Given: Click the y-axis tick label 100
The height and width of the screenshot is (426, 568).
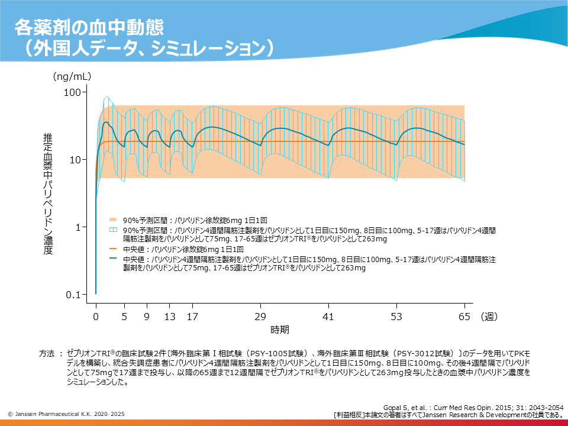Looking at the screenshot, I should [72, 92].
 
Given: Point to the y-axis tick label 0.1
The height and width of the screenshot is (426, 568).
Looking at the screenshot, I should [73, 295].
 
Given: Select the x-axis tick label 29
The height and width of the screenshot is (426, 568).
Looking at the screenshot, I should [260, 317].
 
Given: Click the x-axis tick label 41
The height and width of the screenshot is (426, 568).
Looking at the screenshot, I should [328, 317].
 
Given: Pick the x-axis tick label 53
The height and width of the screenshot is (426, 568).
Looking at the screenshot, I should [396, 317].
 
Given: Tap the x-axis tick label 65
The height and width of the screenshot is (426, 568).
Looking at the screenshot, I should [464, 317].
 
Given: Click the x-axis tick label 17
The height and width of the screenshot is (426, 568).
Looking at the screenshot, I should [192, 317].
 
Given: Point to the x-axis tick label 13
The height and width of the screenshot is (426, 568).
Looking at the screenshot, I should [170, 317].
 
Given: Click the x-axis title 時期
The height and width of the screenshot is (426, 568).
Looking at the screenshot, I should [280, 329].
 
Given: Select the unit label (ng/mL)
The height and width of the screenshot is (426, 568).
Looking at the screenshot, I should [72, 76].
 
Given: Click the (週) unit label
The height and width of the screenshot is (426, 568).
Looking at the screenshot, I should [489, 317].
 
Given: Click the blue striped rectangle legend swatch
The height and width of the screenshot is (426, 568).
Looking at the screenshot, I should [114, 230].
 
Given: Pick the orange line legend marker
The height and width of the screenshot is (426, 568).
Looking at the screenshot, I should [114, 250].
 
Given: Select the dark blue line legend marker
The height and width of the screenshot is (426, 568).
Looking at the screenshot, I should [114, 259].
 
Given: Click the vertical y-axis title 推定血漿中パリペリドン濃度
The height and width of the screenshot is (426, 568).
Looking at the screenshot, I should [48, 193].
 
